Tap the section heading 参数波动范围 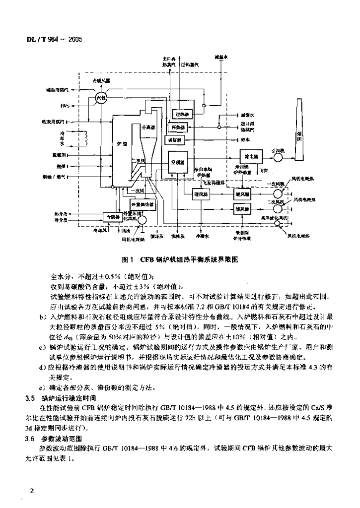point(62,439)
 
